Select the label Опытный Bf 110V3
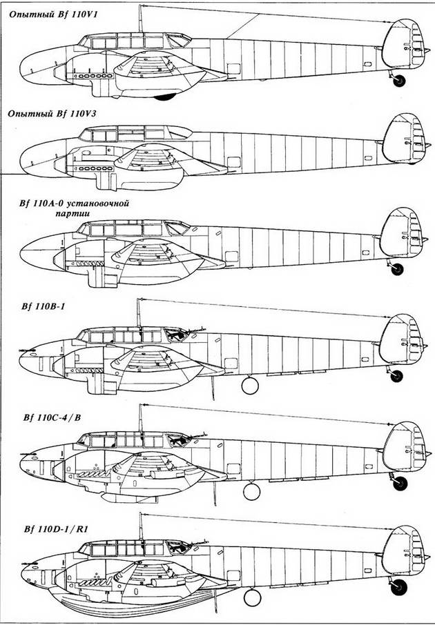click(52, 114)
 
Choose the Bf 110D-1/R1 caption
click(56, 529)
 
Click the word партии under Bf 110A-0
click(72, 214)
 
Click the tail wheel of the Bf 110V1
click(398, 81)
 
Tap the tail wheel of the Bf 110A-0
click(397, 269)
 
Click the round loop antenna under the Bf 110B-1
click(250, 386)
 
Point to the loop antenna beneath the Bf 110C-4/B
click(251, 491)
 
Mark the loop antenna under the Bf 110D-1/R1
click(252, 597)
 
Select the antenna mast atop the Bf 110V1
click(140, 19)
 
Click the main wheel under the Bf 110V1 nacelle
click(165, 97)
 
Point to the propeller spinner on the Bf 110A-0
click(59, 259)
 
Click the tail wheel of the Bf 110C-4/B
click(400, 483)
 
